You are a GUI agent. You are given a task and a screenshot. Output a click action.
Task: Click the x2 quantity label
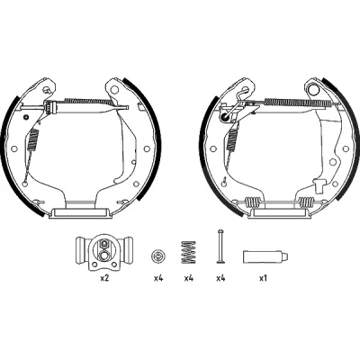click(x=104, y=278)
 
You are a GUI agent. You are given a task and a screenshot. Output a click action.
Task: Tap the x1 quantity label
click(x=263, y=278)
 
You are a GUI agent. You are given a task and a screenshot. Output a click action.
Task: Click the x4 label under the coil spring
click(x=188, y=278)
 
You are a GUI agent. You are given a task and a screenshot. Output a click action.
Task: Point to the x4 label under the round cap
click(x=158, y=278)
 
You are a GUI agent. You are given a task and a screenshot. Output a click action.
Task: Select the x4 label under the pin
click(x=220, y=278)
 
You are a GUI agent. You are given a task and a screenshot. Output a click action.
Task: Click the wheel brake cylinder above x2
click(x=104, y=252)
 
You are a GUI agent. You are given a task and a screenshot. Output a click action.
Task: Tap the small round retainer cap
click(x=158, y=256)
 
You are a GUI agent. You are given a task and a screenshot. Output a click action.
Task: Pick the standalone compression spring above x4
click(x=188, y=252)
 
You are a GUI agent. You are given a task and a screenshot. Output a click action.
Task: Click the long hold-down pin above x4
click(x=220, y=247)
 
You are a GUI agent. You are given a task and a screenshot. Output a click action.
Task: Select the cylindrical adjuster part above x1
click(x=265, y=256)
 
